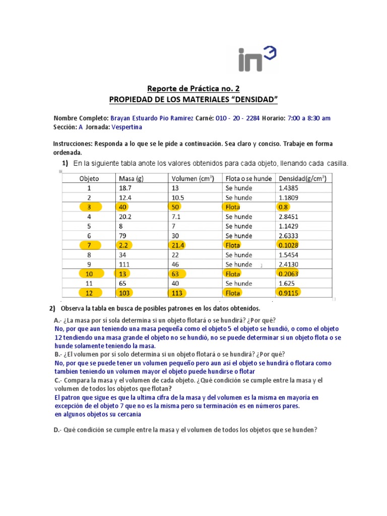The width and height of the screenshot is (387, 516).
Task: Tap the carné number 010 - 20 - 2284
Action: point(238,118)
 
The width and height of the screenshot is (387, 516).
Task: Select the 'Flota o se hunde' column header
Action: point(248,178)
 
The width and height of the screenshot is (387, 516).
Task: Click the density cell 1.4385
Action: point(292,187)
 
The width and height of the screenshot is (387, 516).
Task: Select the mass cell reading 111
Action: point(124,264)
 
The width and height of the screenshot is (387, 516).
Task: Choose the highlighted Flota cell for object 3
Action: point(233,207)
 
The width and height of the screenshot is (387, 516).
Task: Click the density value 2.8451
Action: point(292,216)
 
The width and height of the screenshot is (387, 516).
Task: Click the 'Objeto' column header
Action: point(90,178)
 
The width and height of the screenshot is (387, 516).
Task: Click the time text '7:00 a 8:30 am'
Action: point(309,118)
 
